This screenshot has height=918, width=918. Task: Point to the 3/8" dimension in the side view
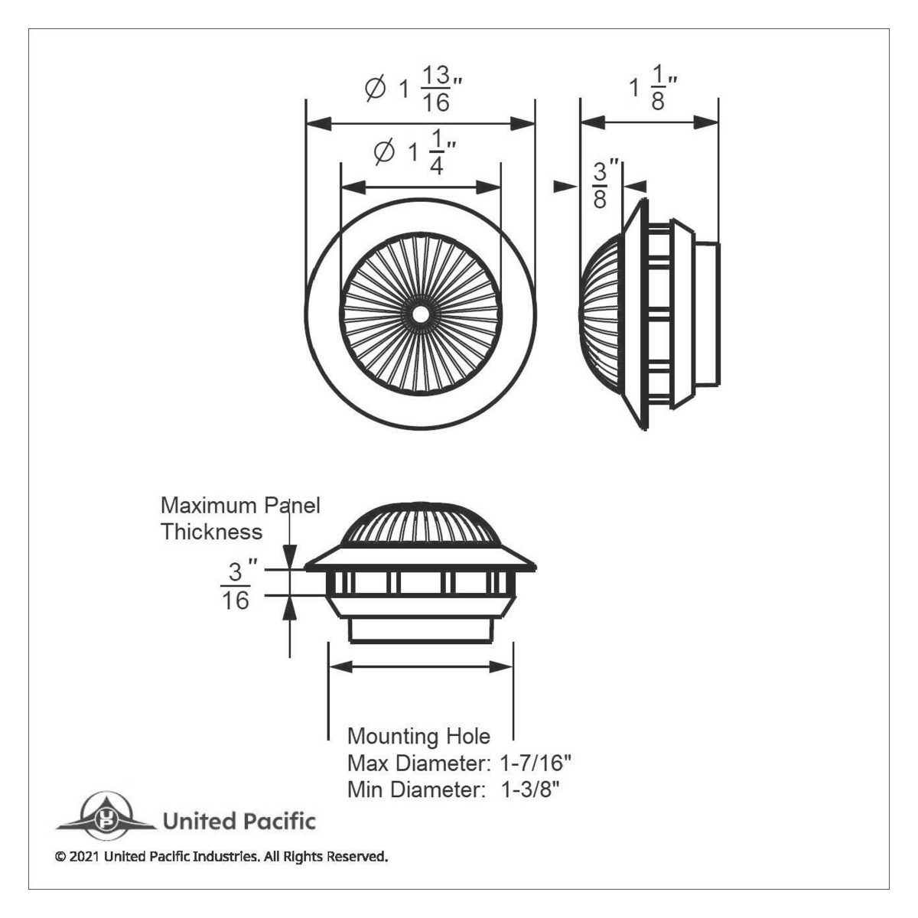[600, 184]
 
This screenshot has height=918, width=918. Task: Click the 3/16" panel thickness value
[236, 586]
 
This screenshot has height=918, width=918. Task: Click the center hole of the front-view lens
[420, 313]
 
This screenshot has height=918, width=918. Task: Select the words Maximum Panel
[239, 505]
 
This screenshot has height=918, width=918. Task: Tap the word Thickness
[211, 531]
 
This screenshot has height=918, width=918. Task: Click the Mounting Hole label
[418, 736]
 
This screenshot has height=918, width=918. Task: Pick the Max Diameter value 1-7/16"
[535, 763]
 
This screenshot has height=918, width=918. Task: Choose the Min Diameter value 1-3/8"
[531, 789]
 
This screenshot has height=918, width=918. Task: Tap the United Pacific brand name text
[239, 822]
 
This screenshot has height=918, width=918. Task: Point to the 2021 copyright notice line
[222, 856]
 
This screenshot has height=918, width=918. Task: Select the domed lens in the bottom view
[420, 522]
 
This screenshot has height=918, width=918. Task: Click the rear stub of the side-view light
[707, 314]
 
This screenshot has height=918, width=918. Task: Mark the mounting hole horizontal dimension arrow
[420, 667]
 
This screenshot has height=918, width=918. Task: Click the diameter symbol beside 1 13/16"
[376, 90]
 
